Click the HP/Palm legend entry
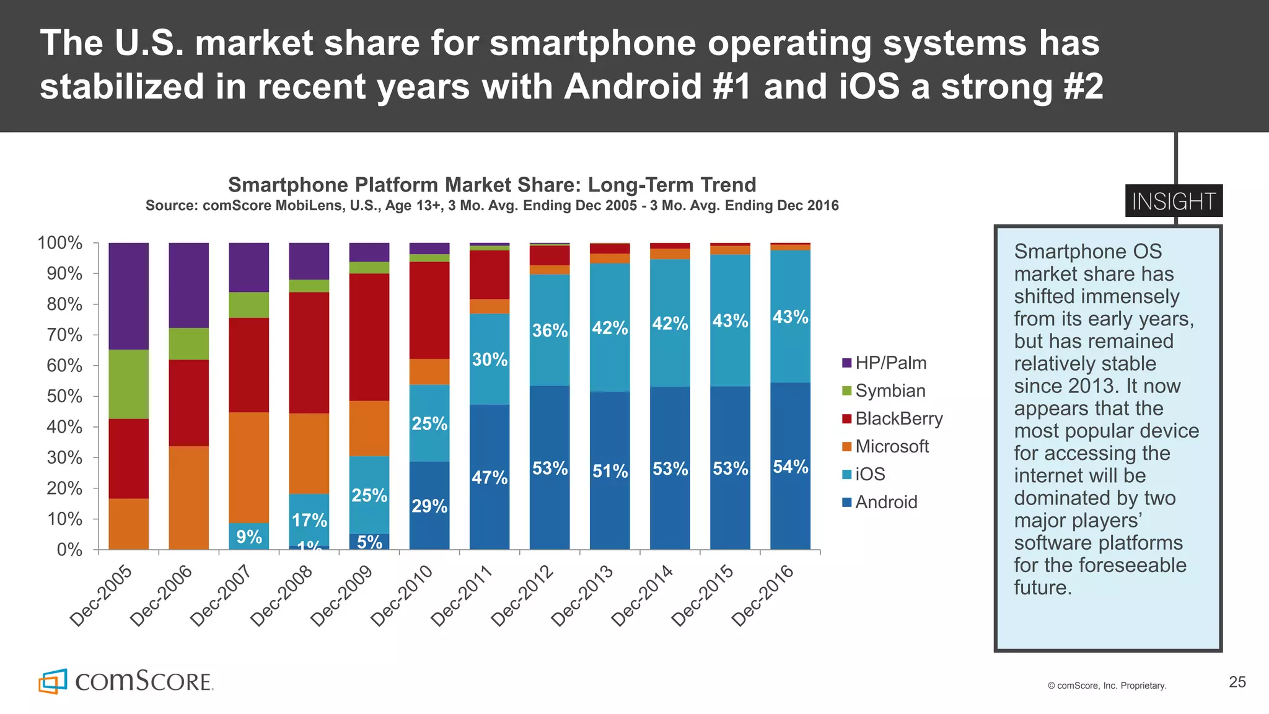point(884,363)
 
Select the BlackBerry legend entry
point(892,419)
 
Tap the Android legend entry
point(880,503)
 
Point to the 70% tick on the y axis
point(64,335)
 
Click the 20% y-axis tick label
point(64,488)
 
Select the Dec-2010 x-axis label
point(401,595)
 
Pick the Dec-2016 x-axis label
point(762,595)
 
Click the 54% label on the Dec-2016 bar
point(791,467)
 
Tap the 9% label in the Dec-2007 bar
point(249,537)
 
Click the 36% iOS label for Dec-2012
point(550,330)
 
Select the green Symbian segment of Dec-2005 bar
point(128,384)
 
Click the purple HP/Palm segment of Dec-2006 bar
point(188,285)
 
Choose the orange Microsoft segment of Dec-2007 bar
point(249,467)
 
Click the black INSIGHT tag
point(1174,201)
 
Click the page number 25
point(1237,682)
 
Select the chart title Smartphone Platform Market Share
point(492,185)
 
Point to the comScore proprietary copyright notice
point(1107,685)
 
